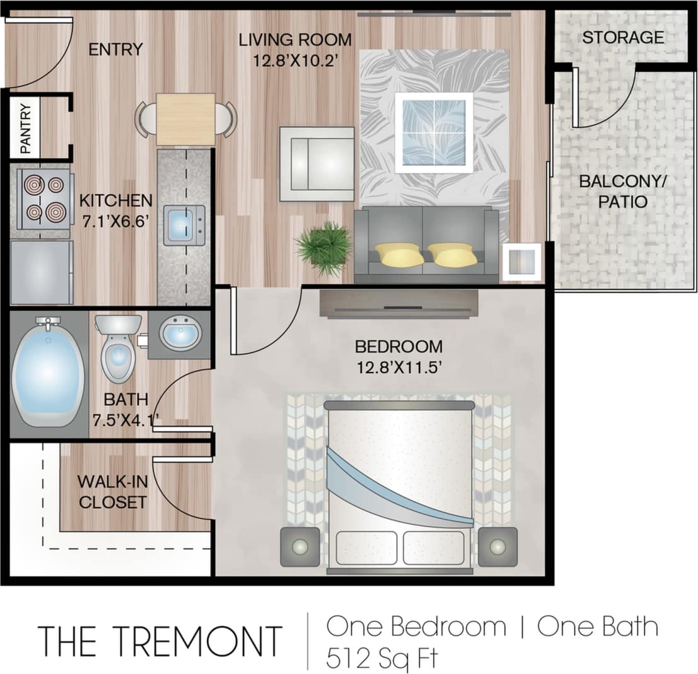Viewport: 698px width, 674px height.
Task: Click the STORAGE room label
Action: [x=622, y=37]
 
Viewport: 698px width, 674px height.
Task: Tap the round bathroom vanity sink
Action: [x=180, y=334]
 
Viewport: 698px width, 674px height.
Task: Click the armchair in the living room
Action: [x=317, y=163]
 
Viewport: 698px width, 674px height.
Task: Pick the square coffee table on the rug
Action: [x=434, y=132]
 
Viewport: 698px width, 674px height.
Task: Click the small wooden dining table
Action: [x=185, y=119]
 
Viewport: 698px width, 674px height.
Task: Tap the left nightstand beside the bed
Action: [x=300, y=547]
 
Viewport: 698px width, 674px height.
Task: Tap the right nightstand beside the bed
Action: [x=497, y=547]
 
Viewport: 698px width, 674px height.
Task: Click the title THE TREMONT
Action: [x=160, y=641]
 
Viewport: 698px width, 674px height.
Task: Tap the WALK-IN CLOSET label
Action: [x=112, y=492]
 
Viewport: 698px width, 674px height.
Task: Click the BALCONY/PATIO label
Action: [x=622, y=192]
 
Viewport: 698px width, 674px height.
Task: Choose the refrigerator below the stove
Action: [x=42, y=272]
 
